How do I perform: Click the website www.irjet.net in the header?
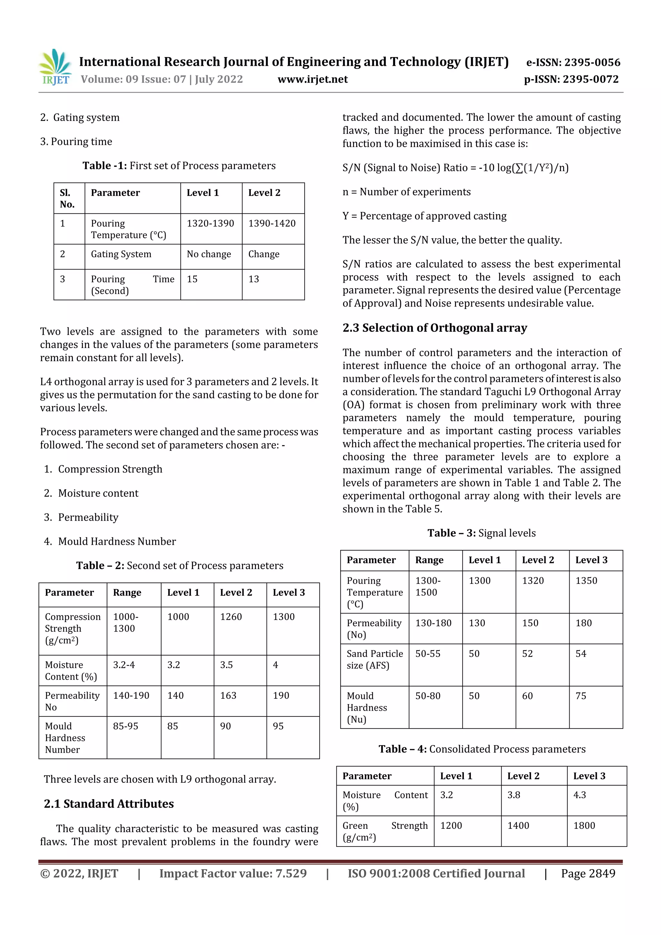pos(312,79)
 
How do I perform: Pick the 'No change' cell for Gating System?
pos(208,254)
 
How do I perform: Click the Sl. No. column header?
pos(67,198)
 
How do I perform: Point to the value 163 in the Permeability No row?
pos(228,695)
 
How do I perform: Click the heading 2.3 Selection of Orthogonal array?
pos(434,328)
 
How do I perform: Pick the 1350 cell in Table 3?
pos(586,580)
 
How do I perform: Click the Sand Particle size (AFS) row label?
pos(374,659)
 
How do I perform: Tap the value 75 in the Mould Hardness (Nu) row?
pos(580,696)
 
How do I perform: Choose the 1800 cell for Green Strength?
pos(584,826)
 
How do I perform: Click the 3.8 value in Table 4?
pos(513,795)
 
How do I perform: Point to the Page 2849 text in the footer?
pos(588,873)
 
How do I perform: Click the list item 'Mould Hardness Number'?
pos(117,541)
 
